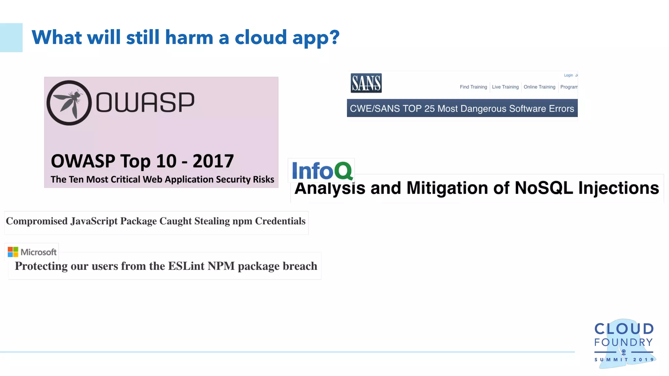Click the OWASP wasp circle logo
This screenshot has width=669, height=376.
tap(69, 103)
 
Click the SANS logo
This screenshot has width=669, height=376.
tap(366, 83)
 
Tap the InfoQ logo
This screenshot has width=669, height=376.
tap(322, 170)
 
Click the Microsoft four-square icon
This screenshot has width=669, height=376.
tap(13, 252)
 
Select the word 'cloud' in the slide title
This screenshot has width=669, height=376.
tap(261, 38)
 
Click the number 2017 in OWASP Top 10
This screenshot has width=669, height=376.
tap(213, 161)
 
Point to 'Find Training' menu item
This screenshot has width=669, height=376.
tap(473, 87)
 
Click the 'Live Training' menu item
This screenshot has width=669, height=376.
tap(505, 87)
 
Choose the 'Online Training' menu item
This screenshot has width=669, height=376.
tap(539, 87)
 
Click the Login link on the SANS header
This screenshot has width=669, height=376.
tap(568, 75)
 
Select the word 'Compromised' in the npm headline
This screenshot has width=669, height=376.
tap(37, 221)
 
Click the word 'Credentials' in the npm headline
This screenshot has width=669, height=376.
tap(280, 221)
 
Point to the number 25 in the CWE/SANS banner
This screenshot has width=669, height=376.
tap(429, 109)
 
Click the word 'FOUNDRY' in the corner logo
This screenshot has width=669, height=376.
tap(623, 342)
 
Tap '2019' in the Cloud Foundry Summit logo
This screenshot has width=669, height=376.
tap(643, 360)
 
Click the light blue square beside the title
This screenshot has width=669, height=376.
tap(11, 38)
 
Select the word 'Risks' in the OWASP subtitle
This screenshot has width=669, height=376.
tap(263, 180)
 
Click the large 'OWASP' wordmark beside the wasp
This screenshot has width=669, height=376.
tap(145, 102)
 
